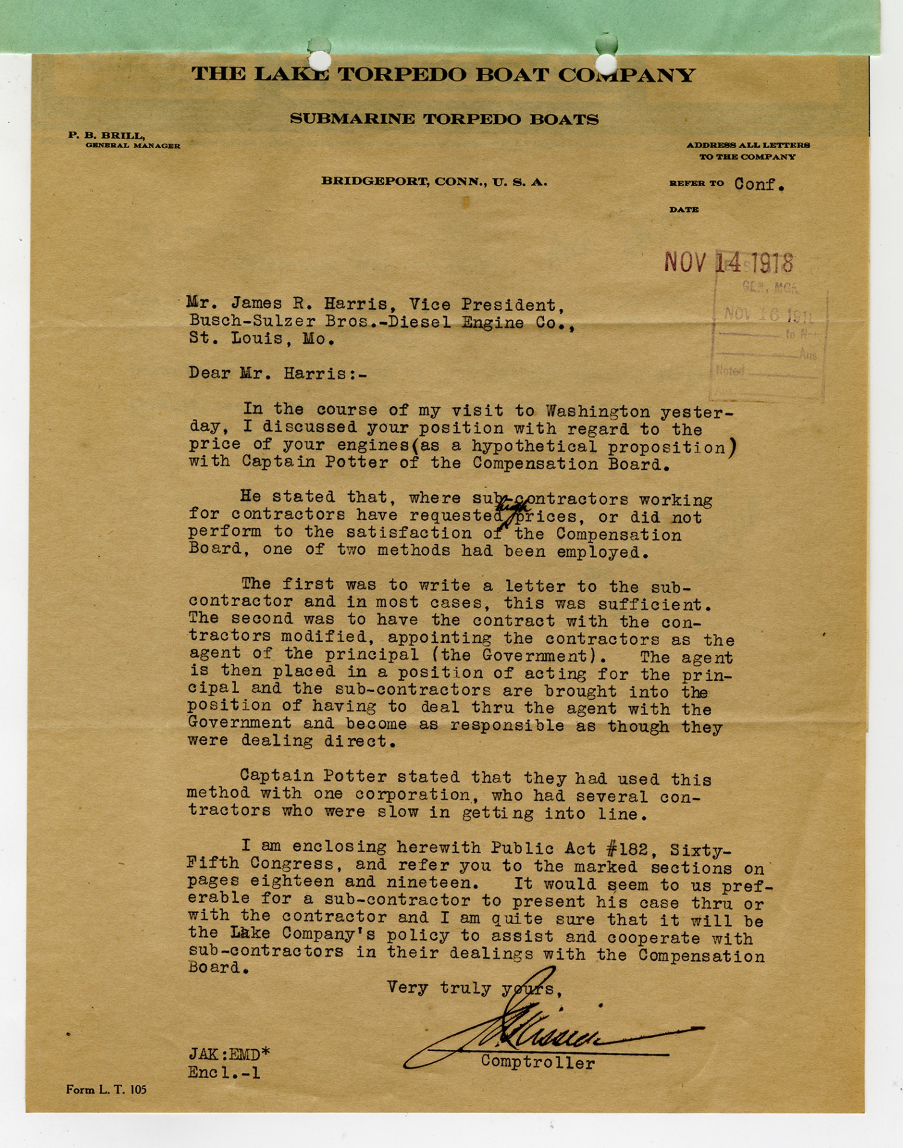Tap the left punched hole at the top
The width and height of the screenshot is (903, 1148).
point(319,59)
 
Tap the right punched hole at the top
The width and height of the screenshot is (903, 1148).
point(606,62)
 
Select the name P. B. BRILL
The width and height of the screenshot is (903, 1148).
point(106,136)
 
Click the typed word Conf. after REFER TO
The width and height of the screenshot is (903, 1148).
point(759,184)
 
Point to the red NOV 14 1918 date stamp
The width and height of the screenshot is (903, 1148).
point(728,262)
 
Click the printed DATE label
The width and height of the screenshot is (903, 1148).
point(684,209)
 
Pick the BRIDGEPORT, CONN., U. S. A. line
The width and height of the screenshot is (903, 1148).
point(434,181)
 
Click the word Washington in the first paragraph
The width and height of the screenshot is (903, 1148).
point(598,411)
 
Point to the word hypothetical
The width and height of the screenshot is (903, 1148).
point(535,446)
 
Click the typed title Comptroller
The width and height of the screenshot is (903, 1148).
point(538,1063)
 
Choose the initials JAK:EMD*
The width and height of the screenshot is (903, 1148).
point(229,1054)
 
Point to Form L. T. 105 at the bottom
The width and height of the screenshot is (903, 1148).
point(106,1090)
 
